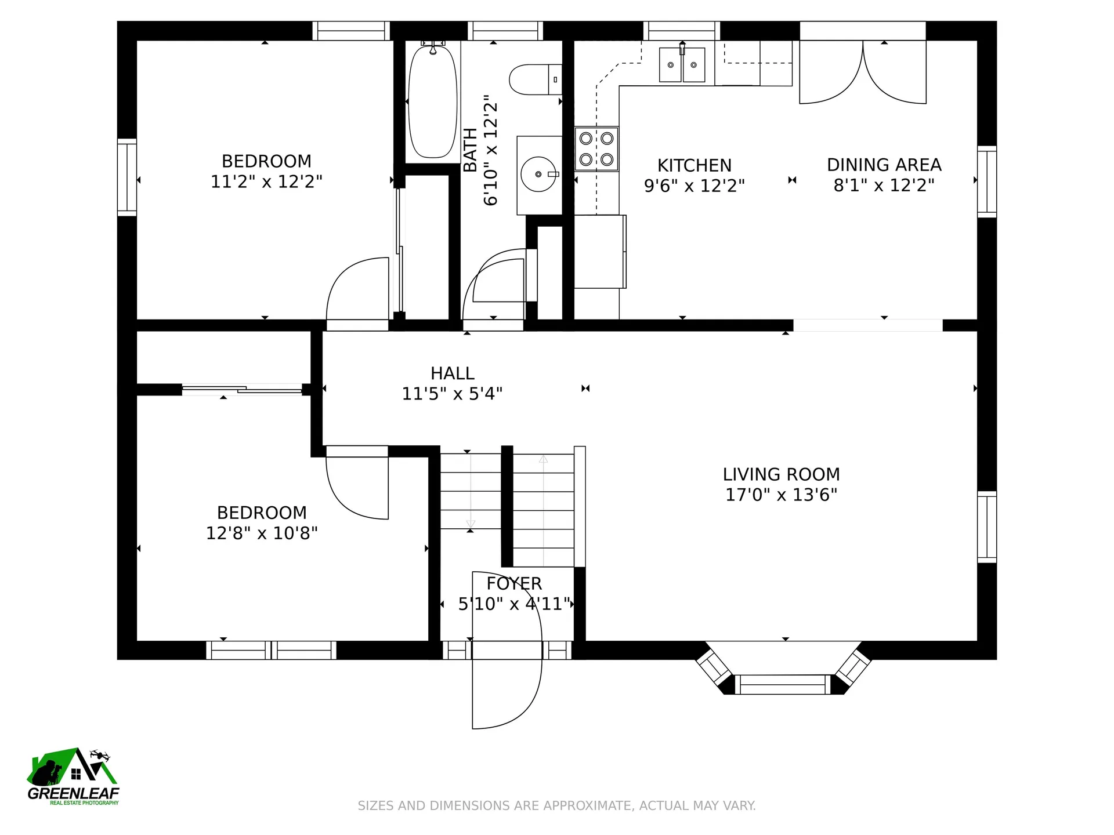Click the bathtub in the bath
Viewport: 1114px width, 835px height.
point(432,101)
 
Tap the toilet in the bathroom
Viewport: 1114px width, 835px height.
point(536,79)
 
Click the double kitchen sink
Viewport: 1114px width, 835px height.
point(682,64)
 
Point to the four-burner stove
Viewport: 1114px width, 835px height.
point(596,148)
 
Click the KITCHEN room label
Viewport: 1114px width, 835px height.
point(695,166)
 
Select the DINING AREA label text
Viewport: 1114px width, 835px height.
point(884,165)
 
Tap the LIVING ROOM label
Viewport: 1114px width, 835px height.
point(781,474)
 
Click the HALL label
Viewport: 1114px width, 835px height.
point(453,373)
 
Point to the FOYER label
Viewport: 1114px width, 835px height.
point(514,583)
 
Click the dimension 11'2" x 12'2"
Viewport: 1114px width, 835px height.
point(266,181)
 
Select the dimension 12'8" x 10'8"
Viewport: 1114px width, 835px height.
point(262,533)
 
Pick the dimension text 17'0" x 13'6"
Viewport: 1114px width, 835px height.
point(781,495)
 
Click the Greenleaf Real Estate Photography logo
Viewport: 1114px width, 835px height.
point(73,776)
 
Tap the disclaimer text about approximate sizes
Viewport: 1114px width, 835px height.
point(556,805)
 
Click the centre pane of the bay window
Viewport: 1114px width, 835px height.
point(783,685)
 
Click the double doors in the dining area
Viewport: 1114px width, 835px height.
point(863,72)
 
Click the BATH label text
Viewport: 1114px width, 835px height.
point(471,150)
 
